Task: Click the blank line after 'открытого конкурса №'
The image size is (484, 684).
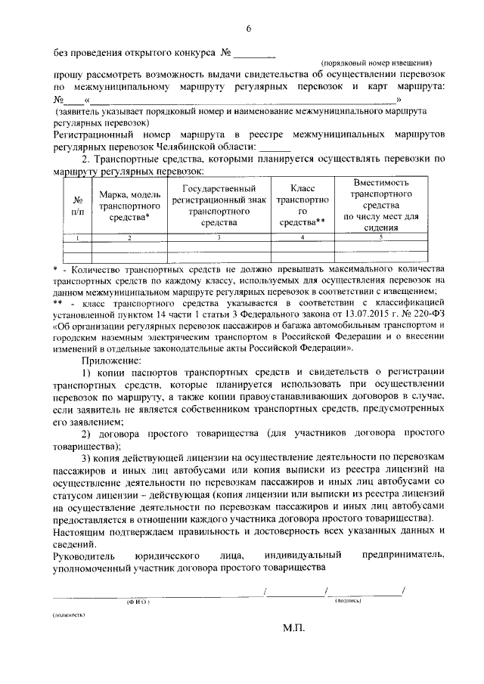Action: pyautogui.click(x=256, y=55)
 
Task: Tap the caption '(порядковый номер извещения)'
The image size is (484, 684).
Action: pyautogui.click(x=376, y=65)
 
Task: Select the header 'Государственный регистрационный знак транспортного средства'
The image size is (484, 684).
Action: pyautogui.click(x=219, y=206)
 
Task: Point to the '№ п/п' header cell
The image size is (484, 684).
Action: pyautogui.click(x=76, y=206)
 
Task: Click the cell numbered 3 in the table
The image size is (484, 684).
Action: pyautogui.click(x=219, y=238)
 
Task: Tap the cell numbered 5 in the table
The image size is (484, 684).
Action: pyautogui.click(x=381, y=238)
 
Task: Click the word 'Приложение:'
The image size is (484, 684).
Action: pyautogui.click(x=112, y=361)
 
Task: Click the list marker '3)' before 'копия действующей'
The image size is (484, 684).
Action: pyautogui.click(x=86, y=460)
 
